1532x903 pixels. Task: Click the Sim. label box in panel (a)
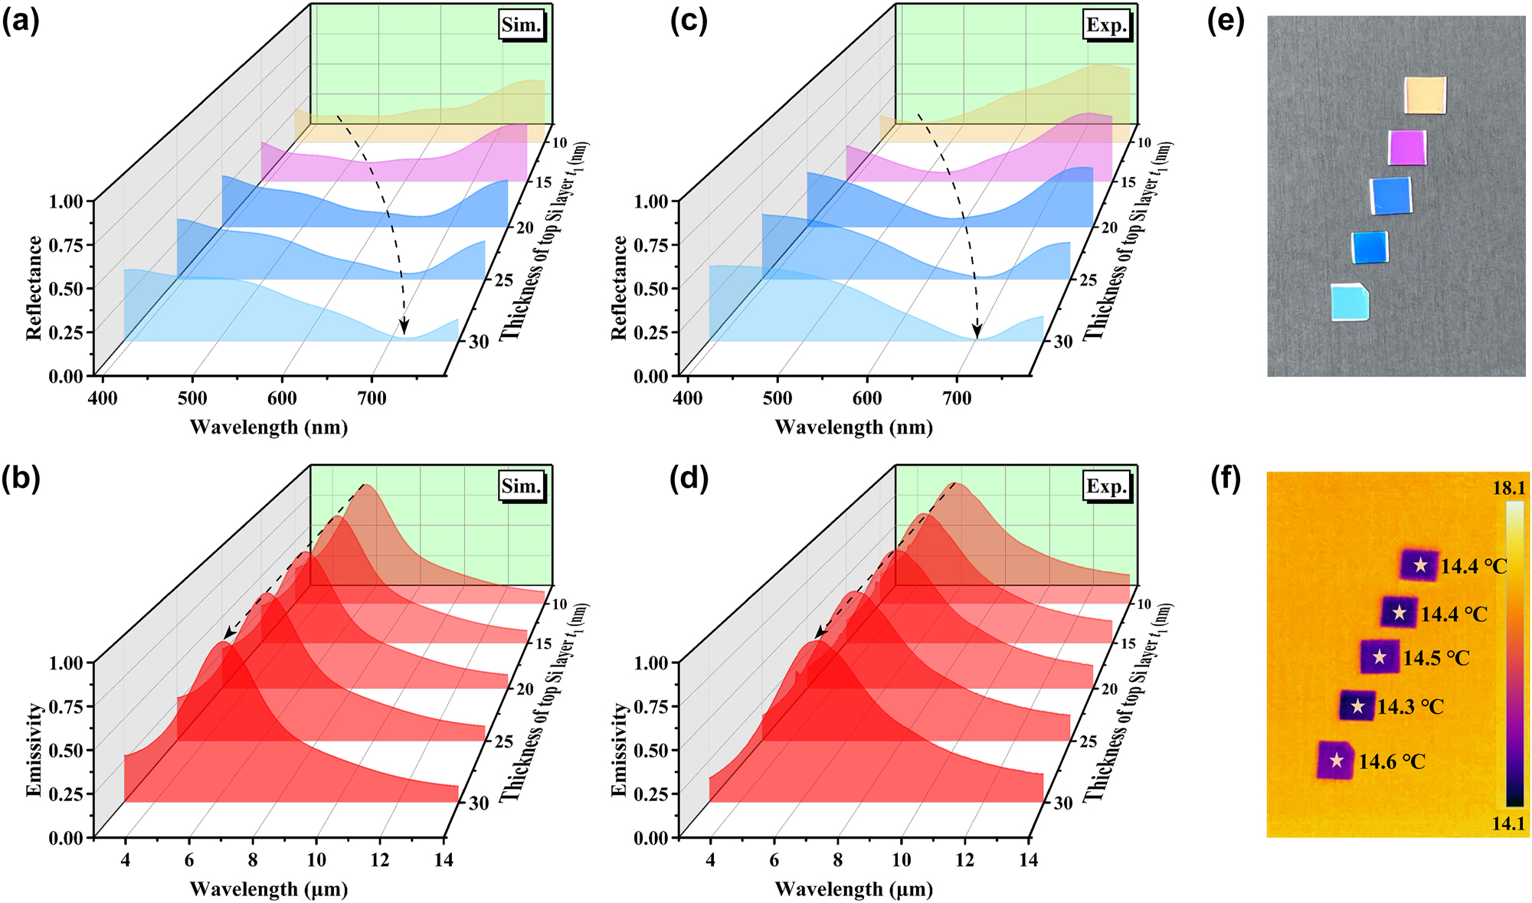coord(522,25)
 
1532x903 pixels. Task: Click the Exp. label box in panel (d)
coord(1107,487)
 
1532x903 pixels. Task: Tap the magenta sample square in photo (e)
coord(1408,147)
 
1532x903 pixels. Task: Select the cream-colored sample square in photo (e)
coord(1426,95)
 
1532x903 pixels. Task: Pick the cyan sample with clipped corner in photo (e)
coord(1350,302)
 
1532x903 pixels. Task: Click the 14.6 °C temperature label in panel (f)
coord(1392,762)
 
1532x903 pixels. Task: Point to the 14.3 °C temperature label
coord(1410,707)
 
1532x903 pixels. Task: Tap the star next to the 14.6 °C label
coord(1337,761)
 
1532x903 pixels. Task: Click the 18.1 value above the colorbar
coord(1508,489)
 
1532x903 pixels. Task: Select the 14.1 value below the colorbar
coord(1508,825)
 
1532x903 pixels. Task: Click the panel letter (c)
coord(689,21)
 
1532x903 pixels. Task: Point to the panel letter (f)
coord(1225,481)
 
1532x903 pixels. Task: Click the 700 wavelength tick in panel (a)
coord(372,398)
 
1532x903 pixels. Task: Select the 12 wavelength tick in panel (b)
coord(379,860)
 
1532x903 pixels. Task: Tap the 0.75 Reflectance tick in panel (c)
coord(652,245)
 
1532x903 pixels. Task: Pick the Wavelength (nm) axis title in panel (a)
coord(269,427)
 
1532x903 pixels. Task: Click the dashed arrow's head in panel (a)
coord(404,329)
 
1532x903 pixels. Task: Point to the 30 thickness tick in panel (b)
coord(479,803)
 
